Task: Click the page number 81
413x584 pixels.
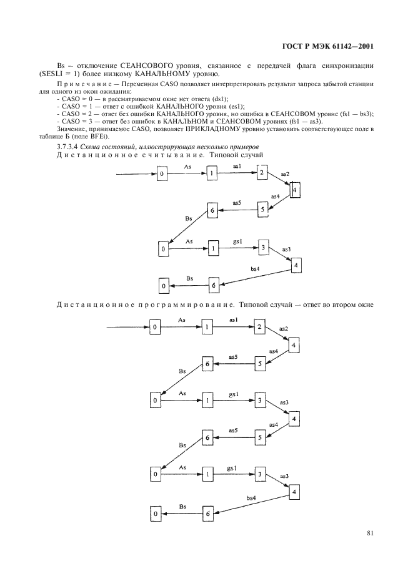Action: [370, 533]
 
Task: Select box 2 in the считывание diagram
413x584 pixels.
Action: [263, 172]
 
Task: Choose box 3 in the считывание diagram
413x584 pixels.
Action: [263, 248]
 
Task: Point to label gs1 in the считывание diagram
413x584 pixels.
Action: [237, 242]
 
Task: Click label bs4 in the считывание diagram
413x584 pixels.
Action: [255, 269]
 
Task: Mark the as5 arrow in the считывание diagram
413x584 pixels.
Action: [237, 210]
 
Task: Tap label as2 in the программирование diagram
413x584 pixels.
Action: [283, 329]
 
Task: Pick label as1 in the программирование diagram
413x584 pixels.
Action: [234, 319]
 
